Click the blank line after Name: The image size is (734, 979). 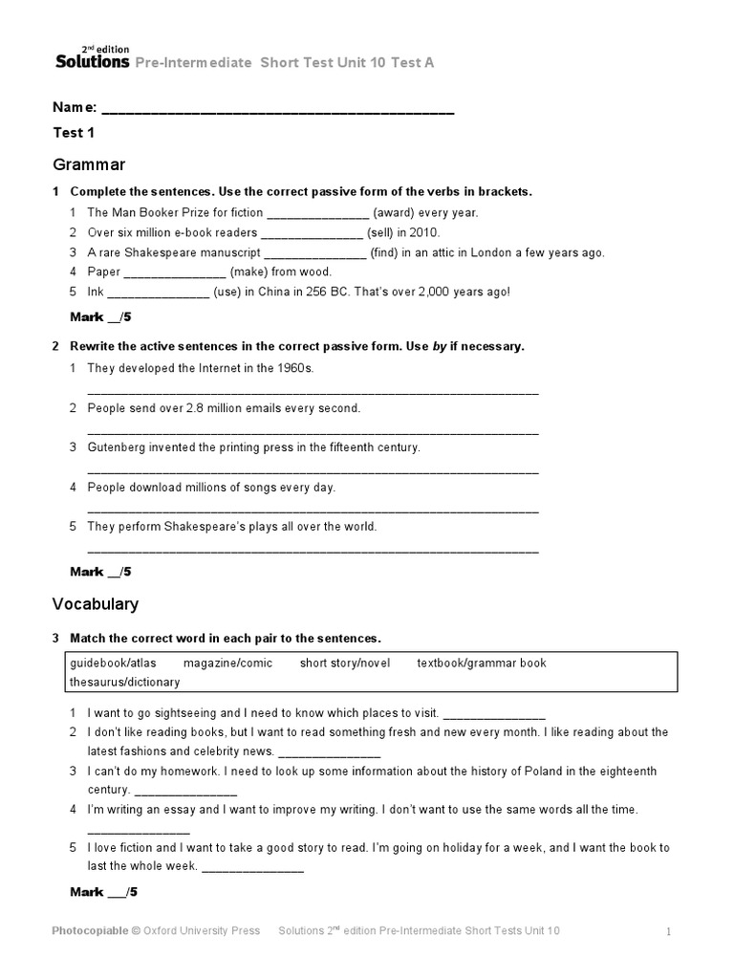pos(277,112)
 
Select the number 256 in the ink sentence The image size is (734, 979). pos(320,292)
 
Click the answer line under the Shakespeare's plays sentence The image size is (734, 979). pos(313,551)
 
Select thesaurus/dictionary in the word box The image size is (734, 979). pos(124,682)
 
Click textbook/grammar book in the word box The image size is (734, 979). pos(482,663)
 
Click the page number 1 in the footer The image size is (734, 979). pos(669,931)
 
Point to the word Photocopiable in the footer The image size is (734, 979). pos(91,930)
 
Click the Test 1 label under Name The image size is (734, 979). pos(68,133)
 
